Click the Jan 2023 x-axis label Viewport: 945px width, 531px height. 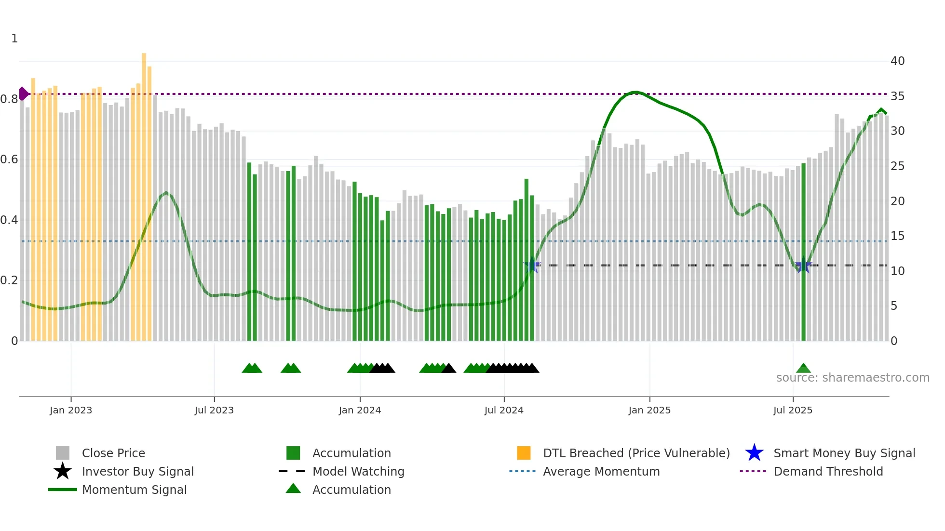(x=71, y=410)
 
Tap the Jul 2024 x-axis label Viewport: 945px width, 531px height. (x=504, y=410)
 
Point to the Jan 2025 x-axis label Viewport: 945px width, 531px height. (x=649, y=410)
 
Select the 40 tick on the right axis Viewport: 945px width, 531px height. (x=897, y=61)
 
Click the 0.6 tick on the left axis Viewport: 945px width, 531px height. (x=10, y=159)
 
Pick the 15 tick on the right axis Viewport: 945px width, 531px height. (x=897, y=236)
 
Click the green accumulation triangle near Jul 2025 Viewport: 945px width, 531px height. (x=803, y=369)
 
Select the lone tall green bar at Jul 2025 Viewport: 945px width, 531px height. (x=803, y=251)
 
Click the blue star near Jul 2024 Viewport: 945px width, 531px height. (x=532, y=265)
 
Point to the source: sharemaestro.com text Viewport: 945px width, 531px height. (x=852, y=378)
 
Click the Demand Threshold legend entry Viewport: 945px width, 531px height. (x=828, y=471)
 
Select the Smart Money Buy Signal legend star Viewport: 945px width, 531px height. (x=754, y=453)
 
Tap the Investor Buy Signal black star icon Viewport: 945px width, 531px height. (x=63, y=471)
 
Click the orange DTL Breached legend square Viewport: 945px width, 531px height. (x=524, y=453)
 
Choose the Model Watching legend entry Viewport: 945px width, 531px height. (x=358, y=471)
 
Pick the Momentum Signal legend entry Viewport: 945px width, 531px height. (x=134, y=490)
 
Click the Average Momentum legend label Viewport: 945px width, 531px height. (x=601, y=471)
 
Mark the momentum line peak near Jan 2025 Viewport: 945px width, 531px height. (x=635, y=92)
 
